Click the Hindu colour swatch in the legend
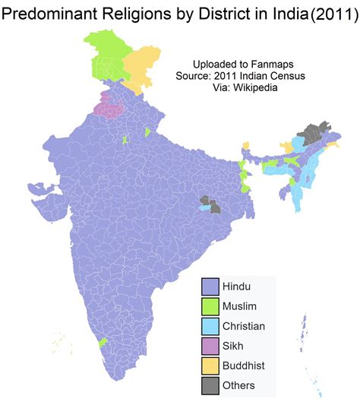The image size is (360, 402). pyautogui.click(x=210, y=286)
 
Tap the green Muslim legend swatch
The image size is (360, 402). pyautogui.click(x=210, y=305)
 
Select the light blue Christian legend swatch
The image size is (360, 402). pyautogui.click(x=210, y=325)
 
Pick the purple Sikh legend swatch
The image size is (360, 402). pyautogui.click(x=210, y=346)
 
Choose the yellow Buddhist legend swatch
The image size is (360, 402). pyautogui.click(x=210, y=366)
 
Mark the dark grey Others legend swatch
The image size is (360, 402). pyautogui.click(x=210, y=385)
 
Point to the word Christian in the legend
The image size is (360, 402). pyautogui.click(x=244, y=326)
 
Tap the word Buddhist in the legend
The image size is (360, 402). pyautogui.click(x=244, y=366)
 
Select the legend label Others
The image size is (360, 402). pyautogui.click(x=238, y=386)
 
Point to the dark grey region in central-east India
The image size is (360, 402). pyautogui.click(x=216, y=206)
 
